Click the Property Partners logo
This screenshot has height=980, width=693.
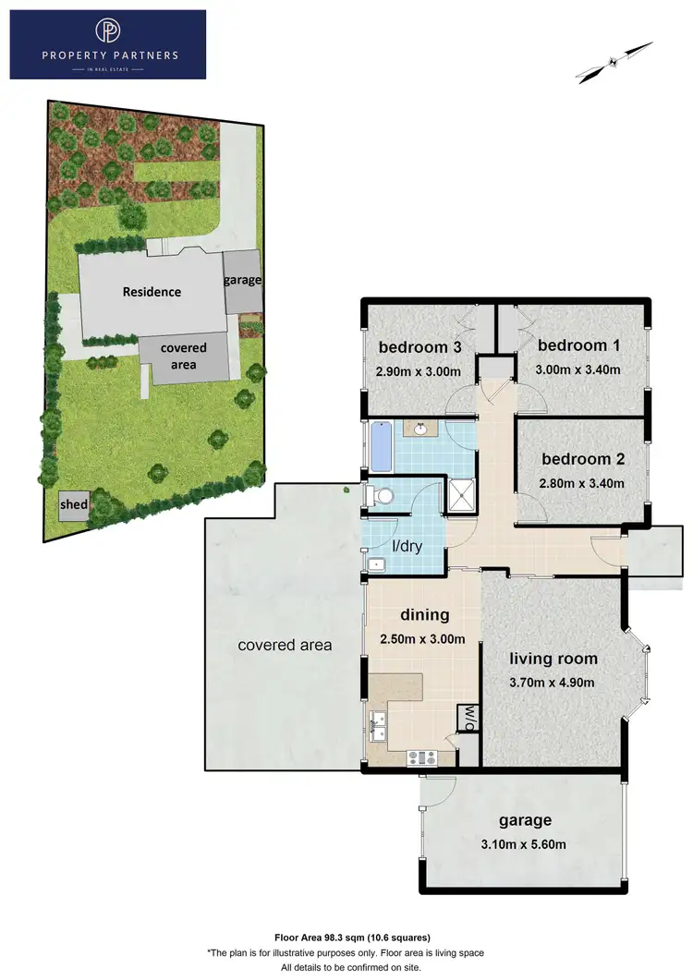pyautogui.click(x=107, y=43)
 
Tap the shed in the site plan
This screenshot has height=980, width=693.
pyautogui.click(x=74, y=505)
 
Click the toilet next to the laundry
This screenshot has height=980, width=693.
pyautogui.click(x=379, y=497)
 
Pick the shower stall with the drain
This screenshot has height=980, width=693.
pyautogui.click(x=459, y=496)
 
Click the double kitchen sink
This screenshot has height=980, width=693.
pyautogui.click(x=378, y=726)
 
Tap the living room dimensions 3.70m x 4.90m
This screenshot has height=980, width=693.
pyautogui.click(x=553, y=683)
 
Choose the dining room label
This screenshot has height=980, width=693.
pyautogui.click(x=424, y=614)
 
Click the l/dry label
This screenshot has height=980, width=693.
pyautogui.click(x=407, y=546)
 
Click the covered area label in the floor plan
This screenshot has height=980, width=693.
pyautogui.click(x=285, y=645)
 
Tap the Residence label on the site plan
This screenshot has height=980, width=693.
pyautogui.click(x=152, y=291)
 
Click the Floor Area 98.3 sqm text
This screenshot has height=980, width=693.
pyautogui.click(x=346, y=937)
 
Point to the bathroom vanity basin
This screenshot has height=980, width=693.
pyautogui.click(x=421, y=429)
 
